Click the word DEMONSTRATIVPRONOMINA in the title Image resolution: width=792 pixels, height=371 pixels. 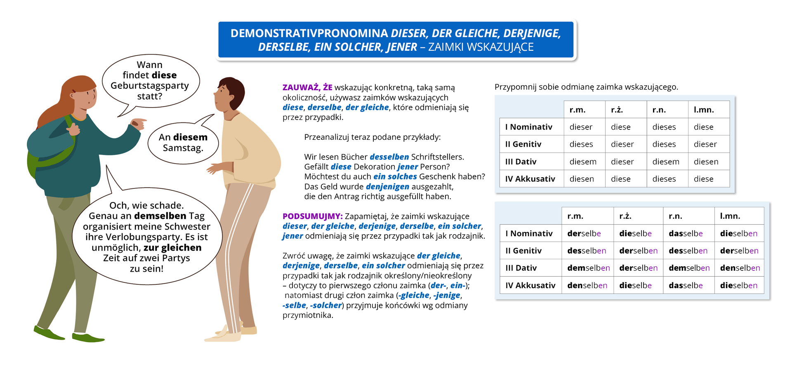point(309,33)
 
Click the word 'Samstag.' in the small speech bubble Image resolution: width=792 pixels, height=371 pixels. point(183,148)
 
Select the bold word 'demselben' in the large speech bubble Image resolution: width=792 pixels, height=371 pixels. point(160,216)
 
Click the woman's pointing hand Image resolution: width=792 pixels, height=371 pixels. point(138,123)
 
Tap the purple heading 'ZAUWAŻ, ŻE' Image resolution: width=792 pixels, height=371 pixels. point(307,87)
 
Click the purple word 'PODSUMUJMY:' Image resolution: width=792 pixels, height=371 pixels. point(312,216)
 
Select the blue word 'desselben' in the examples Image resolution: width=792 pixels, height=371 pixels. point(389,157)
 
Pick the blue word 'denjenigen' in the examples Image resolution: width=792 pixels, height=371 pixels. point(387,187)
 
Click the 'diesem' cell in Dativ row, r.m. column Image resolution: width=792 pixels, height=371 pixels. point(583,162)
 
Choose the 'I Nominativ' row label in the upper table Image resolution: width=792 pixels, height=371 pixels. point(528,127)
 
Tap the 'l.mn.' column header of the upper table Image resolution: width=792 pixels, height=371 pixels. point(704,110)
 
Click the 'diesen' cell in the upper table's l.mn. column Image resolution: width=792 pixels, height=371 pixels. point(706,162)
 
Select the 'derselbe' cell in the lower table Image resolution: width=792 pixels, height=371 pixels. point(584,234)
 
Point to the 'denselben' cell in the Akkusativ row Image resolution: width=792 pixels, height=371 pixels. point(587,285)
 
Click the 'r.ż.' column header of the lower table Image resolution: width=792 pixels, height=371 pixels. point(625,216)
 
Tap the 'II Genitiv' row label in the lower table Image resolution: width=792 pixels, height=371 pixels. point(523,251)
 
